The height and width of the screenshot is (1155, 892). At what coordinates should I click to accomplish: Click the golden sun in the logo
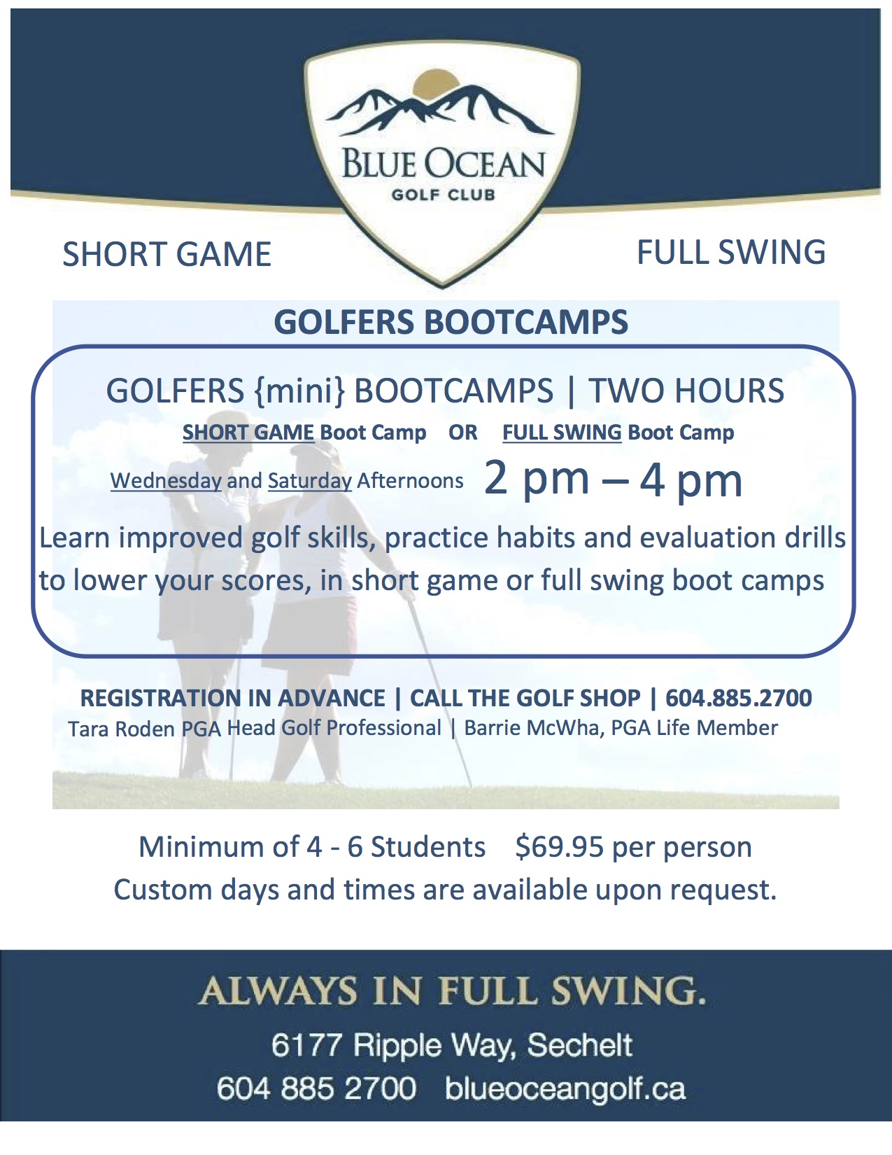pos(435,83)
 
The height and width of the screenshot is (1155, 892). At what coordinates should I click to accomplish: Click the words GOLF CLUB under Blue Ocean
pos(443,195)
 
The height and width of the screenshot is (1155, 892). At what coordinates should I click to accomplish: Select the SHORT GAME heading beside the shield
pos(167,254)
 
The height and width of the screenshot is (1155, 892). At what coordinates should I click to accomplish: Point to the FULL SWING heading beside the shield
pos(731,252)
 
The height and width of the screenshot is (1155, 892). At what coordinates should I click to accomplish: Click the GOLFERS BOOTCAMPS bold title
pos(451,322)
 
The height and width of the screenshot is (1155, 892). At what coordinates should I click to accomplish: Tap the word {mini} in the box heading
pos(299,391)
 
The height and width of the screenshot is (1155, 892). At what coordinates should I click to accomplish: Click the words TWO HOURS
pos(686,391)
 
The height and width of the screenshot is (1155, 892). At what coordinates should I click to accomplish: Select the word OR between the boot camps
pos(462,433)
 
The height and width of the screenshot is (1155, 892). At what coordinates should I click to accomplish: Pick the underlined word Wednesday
pos(166,481)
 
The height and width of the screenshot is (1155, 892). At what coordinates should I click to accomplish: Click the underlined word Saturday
pos(310,481)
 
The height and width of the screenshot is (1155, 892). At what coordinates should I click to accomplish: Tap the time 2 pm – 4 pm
pos(613,480)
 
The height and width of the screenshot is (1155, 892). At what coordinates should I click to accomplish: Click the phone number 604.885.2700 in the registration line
pos(739,698)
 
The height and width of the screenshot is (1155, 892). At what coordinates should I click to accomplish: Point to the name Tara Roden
pos(122,729)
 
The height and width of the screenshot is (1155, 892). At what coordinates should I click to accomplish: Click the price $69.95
pos(560,847)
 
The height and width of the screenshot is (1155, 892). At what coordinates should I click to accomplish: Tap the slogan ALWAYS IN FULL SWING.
pos(451,991)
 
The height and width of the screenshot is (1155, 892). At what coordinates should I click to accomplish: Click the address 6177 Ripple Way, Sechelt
pos(451,1046)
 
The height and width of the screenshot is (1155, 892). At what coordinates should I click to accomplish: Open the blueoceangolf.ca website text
pos(565,1089)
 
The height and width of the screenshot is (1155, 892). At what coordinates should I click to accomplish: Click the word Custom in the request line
pos(163,890)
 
